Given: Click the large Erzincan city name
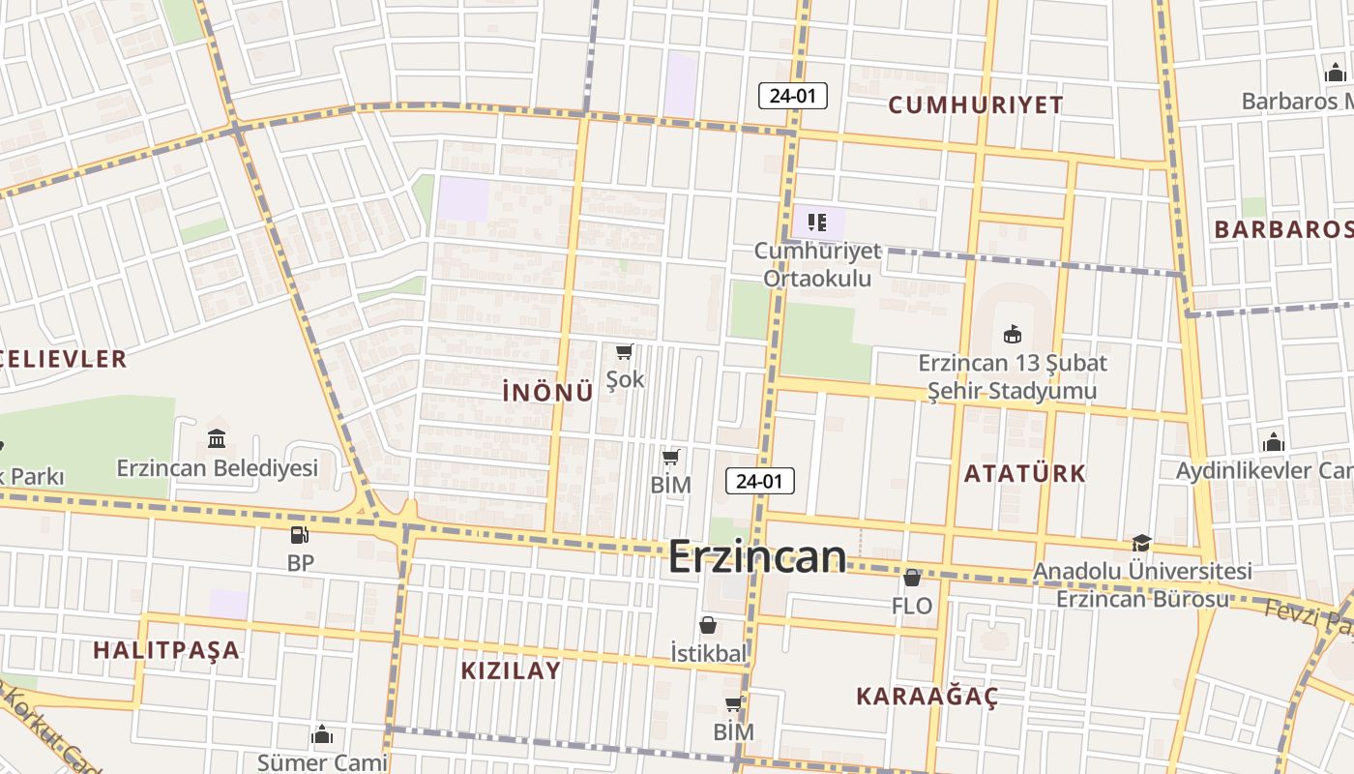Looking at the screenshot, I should click(757, 556).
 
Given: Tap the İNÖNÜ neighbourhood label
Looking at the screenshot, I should click(547, 392).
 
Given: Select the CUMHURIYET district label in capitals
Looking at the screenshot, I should click(975, 104).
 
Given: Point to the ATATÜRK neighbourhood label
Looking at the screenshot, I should click(1025, 473).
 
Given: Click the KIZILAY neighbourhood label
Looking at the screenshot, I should click(511, 670).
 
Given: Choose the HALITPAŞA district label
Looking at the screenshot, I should click(166, 649).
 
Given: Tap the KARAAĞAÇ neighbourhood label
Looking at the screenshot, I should click(927, 697).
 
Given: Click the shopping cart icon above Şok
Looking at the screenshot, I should click(624, 351).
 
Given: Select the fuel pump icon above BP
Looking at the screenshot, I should click(300, 534).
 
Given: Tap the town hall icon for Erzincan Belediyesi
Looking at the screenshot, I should click(217, 438).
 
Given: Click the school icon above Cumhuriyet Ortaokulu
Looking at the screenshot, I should click(817, 223).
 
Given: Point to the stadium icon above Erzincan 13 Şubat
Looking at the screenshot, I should click(1012, 334).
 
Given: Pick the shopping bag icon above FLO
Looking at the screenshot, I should click(911, 578).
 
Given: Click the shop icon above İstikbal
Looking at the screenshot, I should click(708, 625).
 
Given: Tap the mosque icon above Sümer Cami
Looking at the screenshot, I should click(322, 735).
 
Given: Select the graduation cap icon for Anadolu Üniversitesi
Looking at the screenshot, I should click(1141, 544).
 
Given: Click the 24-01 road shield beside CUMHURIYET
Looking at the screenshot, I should click(793, 96).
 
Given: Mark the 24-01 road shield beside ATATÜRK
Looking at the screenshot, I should click(759, 481).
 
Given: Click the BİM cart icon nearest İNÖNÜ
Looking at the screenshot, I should click(671, 457).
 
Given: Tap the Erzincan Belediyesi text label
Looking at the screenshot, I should click(218, 468).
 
